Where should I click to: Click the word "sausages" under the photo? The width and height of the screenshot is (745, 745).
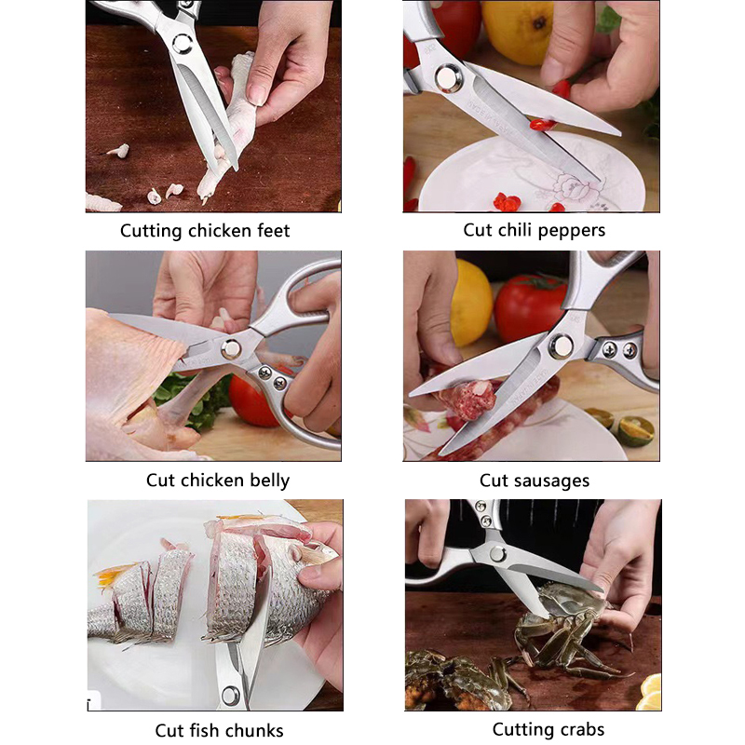(552, 481)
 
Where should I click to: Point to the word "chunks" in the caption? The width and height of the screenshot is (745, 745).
(252, 730)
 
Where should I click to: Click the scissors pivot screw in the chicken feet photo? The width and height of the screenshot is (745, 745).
(183, 44)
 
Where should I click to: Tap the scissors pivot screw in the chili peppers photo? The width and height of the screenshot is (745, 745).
(448, 77)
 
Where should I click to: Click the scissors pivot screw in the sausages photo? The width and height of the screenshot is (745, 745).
(562, 345)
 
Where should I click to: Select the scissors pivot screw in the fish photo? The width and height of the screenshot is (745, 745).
(231, 696)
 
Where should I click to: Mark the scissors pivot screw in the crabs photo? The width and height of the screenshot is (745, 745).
(497, 553)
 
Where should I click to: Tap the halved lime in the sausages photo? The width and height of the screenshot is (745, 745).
(636, 430)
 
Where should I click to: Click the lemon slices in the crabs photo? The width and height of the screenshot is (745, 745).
(650, 692)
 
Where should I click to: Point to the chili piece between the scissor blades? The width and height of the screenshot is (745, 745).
(543, 125)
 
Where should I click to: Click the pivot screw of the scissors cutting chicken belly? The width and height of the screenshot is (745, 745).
(231, 349)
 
